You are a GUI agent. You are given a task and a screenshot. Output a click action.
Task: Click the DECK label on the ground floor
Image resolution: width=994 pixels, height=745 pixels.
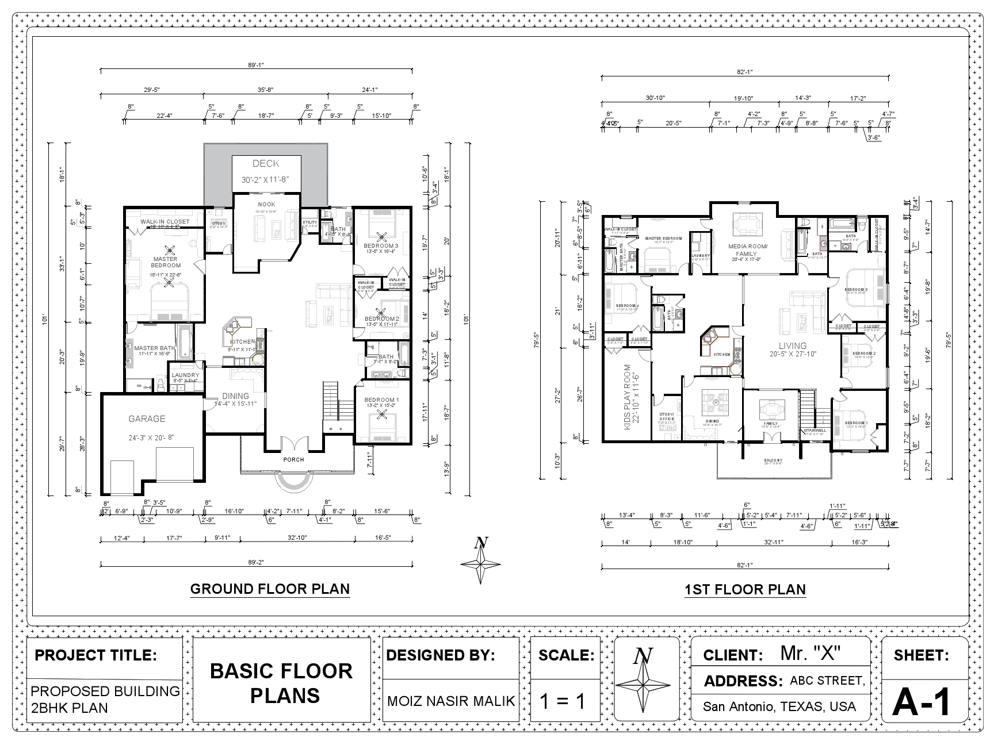pyautogui.click(x=266, y=164)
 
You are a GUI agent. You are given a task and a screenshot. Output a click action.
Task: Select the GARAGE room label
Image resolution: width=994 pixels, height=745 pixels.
pyautogui.click(x=147, y=419)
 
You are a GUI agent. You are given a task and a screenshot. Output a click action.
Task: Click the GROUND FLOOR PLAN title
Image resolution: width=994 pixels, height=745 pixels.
pyautogui.click(x=270, y=589)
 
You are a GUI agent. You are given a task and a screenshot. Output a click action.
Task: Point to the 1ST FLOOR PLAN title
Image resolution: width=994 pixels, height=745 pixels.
pyautogui.click(x=745, y=590)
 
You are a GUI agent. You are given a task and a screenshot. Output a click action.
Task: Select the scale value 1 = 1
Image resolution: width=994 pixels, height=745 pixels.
pyautogui.click(x=563, y=701)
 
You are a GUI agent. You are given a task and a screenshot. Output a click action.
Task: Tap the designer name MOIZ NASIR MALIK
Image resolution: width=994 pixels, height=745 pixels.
pyautogui.click(x=451, y=701)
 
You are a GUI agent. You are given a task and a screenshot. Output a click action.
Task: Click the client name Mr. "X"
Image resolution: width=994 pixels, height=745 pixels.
pyautogui.click(x=811, y=653)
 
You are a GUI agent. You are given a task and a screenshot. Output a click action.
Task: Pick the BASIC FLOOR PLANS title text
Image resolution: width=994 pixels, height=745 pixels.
pyautogui.click(x=281, y=683)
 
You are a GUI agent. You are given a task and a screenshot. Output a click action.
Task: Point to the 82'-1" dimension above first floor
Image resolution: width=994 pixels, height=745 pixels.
pyautogui.click(x=745, y=72)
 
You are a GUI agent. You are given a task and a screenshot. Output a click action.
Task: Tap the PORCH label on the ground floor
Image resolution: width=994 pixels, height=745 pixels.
pyautogui.click(x=293, y=459)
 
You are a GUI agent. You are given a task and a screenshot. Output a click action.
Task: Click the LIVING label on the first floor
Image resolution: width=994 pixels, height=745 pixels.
pyautogui.click(x=793, y=346)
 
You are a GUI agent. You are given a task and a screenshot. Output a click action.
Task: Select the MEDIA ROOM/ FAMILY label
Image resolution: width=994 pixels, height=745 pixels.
pyautogui.click(x=747, y=249)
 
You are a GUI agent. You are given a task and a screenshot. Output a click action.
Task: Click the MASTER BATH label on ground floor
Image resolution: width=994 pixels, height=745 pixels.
pyautogui.click(x=155, y=348)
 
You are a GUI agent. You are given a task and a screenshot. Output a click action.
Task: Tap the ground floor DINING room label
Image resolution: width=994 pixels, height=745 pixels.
pyautogui.click(x=236, y=396)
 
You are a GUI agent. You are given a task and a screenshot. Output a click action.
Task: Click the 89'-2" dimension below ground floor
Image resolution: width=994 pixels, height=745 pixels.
pyautogui.click(x=256, y=562)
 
